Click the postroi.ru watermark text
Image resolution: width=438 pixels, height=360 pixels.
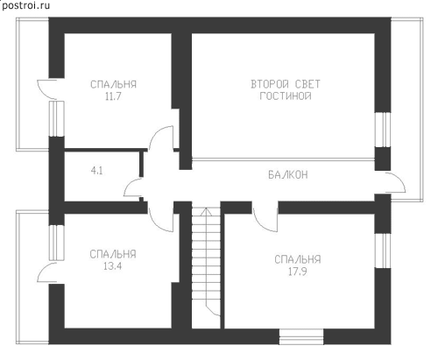25,5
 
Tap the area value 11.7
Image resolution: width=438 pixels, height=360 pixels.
113,96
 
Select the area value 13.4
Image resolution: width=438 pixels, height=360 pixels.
113,266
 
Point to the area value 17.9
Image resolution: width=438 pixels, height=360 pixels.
298,272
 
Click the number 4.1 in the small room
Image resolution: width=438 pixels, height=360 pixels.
97,171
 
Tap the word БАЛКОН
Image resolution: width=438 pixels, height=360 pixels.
288,174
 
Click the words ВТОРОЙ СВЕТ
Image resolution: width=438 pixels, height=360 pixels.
286,84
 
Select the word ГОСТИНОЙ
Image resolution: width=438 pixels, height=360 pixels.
286,95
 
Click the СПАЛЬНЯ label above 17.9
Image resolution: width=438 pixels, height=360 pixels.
298,259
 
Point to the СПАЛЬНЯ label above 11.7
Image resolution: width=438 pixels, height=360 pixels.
113,84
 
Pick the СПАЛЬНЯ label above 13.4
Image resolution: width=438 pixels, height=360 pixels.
113,254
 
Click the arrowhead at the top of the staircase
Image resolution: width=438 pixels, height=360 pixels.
206,209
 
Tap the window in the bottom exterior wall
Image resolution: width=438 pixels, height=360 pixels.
301,336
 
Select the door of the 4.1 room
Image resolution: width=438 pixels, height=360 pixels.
131,187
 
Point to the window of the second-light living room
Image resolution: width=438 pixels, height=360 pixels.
383,130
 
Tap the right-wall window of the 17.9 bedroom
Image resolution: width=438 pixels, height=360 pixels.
383,251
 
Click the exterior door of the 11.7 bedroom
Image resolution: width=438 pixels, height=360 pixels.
46,88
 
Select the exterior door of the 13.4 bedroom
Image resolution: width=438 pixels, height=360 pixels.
46,273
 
